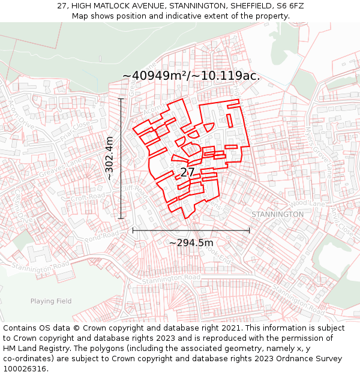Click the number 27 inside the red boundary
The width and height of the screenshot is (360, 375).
coord(187,172)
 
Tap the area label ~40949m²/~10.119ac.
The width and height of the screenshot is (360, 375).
coord(191,76)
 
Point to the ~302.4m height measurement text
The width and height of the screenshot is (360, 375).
coord(109,158)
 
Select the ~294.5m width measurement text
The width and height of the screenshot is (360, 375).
coord(191,242)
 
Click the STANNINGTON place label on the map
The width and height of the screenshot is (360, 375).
coord(277,214)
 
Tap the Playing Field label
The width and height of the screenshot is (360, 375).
coord(51,301)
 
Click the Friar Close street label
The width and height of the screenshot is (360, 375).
coord(74,130)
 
